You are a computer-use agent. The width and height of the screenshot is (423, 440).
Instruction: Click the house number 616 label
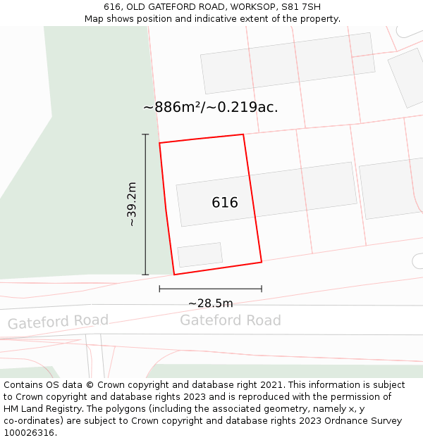point(225,203)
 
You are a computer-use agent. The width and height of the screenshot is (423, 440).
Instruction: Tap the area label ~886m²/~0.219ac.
point(211,107)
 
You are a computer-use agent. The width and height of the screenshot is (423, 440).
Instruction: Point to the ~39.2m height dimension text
point(131,204)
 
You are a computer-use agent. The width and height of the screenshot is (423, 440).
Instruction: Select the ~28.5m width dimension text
point(210,303)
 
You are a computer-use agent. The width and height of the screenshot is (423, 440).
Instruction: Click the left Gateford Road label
point(58,322)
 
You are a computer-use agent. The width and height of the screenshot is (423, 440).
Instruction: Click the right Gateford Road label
point(230,320)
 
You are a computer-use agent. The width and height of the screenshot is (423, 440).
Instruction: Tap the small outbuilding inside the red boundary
point(200,255)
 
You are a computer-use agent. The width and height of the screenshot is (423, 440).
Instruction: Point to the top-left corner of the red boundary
point(159,143)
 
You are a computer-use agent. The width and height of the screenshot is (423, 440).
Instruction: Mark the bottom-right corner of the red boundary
point(262,262)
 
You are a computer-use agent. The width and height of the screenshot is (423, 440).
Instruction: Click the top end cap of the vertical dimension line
point(145,134)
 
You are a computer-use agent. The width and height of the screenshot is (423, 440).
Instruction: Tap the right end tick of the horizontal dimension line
point(262,288)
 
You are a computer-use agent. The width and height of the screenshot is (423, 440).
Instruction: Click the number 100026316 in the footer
point(30,433)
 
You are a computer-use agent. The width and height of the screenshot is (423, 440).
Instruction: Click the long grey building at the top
point(288,63)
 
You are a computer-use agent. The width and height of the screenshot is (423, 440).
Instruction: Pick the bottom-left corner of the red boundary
point(174,275)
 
